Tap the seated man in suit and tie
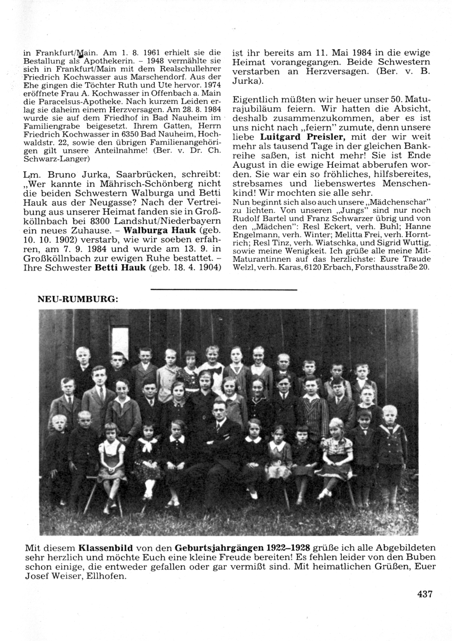click(x=221, y=426)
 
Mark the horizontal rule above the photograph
click(x=223, y=289)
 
